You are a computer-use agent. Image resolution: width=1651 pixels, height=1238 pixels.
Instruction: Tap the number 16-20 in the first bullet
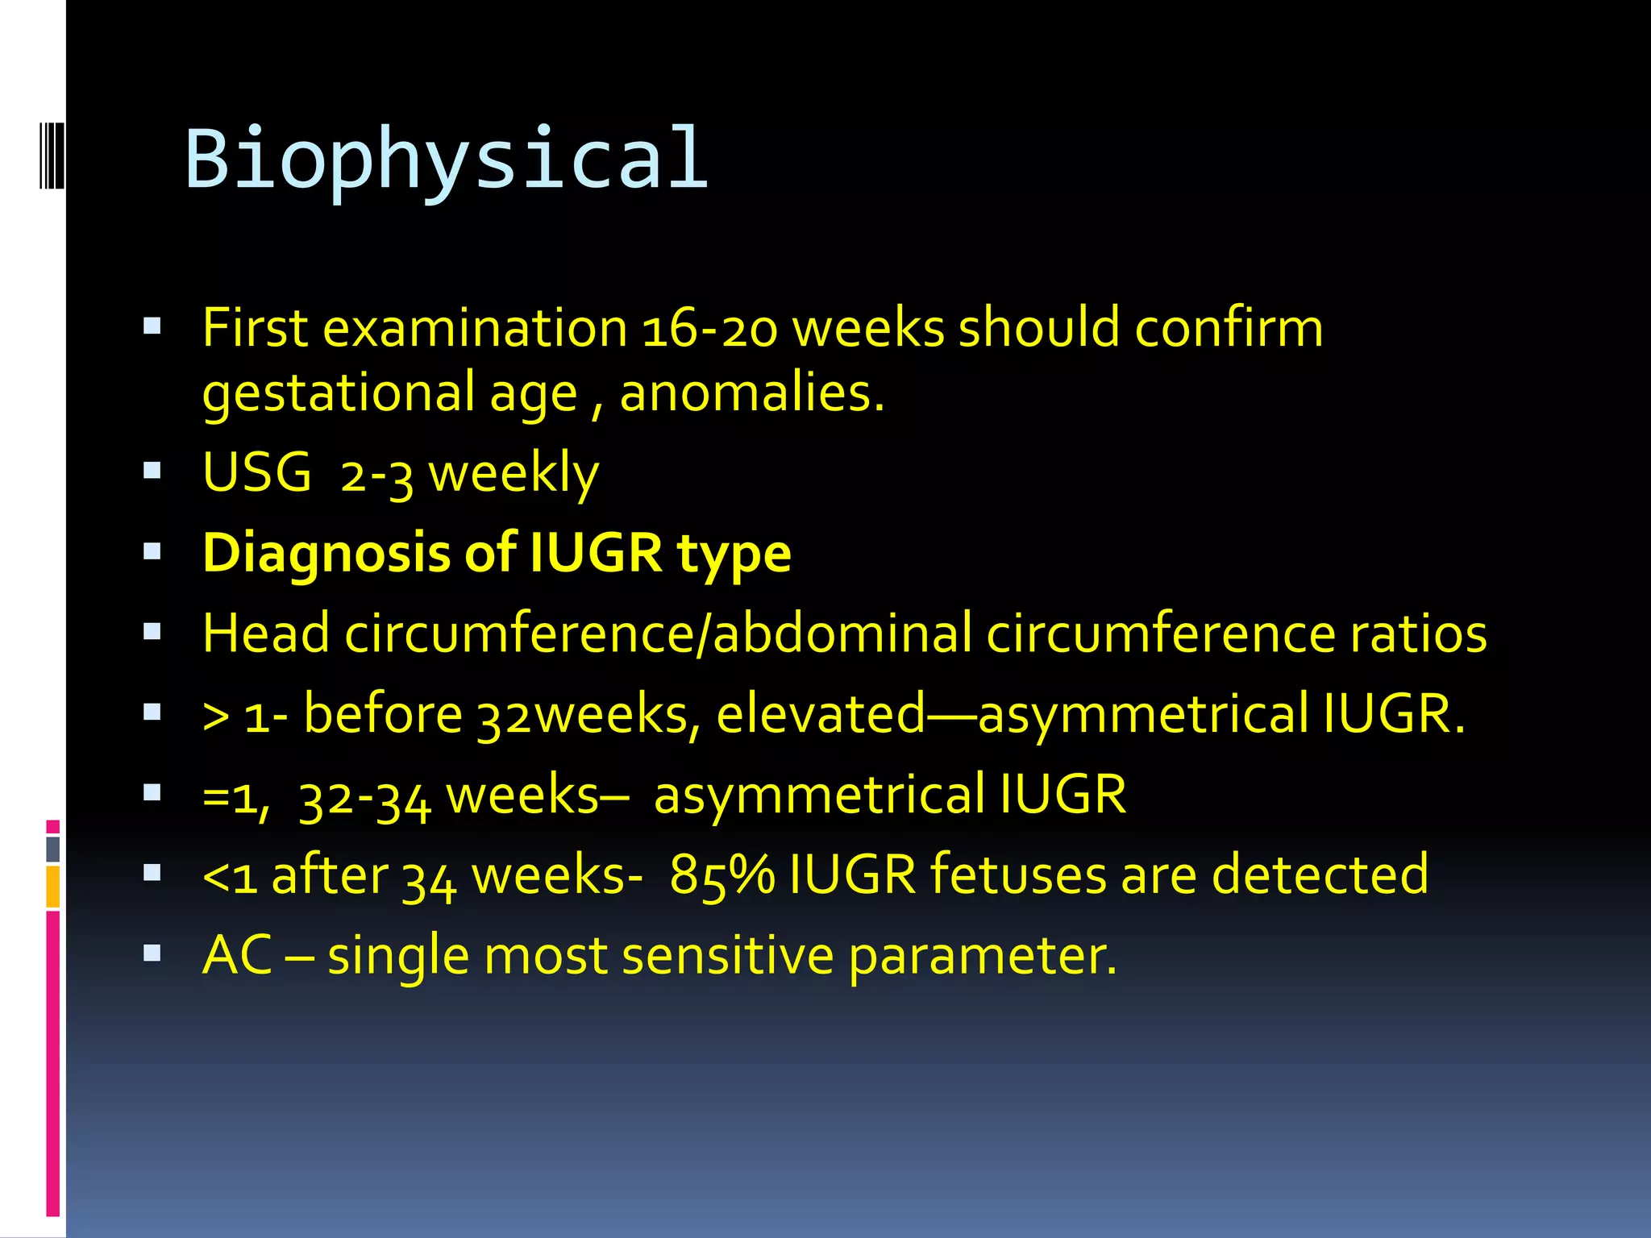pos(709,330)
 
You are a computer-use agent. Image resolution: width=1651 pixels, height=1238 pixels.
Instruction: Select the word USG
pos(256,472)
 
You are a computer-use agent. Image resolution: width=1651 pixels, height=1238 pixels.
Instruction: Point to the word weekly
pos(514,474)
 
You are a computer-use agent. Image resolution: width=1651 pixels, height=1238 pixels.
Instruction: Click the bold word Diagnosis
pos(326,555)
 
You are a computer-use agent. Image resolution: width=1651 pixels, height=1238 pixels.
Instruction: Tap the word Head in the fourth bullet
pos(266,634)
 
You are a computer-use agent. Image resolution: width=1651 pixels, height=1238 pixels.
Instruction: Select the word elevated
pos(821,714)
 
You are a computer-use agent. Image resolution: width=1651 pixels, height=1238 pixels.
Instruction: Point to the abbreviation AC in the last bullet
pos(237,956)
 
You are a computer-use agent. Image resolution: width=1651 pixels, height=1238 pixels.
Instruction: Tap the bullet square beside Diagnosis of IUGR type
pos(152,551)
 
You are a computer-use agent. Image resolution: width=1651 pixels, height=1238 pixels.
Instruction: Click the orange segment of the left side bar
pos(53,887)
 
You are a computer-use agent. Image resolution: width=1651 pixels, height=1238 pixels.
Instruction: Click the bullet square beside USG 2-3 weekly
pos(152,471)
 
